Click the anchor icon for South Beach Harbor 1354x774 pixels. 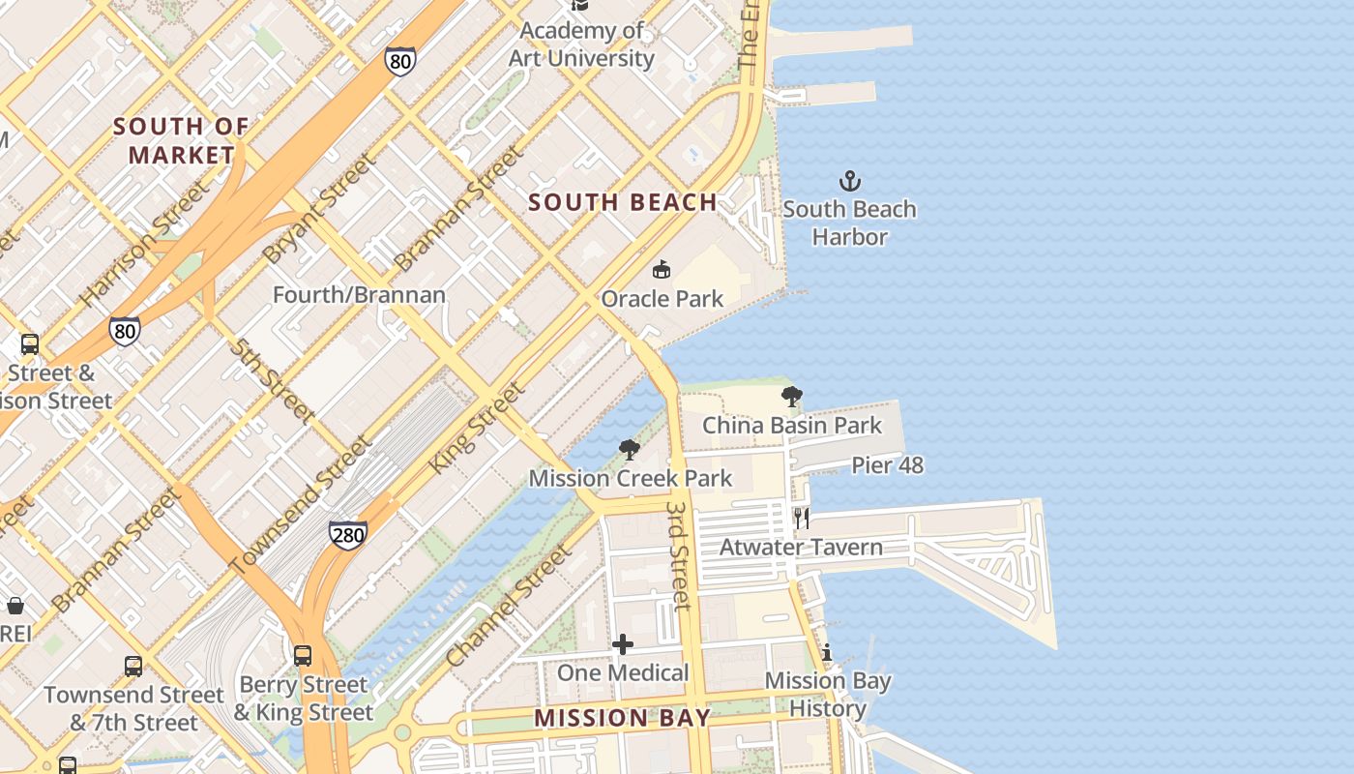click(849, 181)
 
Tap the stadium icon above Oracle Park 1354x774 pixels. click(662, 269)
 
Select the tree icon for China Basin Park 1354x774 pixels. click(792, 396)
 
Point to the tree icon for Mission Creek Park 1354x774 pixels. click(630, 449)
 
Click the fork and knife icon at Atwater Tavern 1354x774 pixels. click(802, 518)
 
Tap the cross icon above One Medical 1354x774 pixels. click(623, 643)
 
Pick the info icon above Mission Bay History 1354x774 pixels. click(827, 652)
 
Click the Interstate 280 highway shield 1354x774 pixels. click(348, 533)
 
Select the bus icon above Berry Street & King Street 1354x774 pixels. click(303, 656)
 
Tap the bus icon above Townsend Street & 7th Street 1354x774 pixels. click(133, 666)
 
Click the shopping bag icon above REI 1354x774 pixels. click(15, 607)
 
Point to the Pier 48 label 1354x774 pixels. click(887, 465)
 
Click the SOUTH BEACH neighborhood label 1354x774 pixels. click(623, 202)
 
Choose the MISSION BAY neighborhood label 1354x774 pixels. click(622, 718)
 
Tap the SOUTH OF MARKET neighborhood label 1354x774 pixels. click(181, 140)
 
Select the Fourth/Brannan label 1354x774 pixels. click(359, 295)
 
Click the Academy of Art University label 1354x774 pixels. click(582, 45)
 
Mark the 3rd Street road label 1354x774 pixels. click(679, 555)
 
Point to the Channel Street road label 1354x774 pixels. click(508, 607)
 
